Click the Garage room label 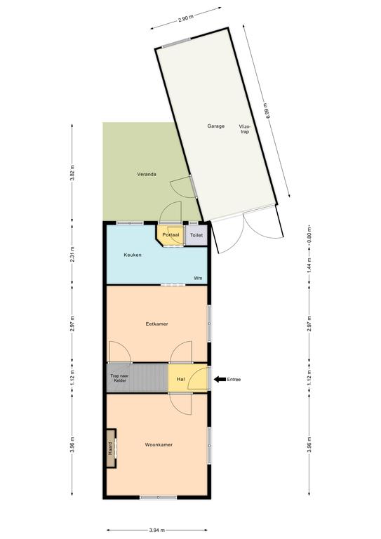click(x=215, y=126)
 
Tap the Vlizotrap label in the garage click(x=245, y=129)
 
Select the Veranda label click(x=147, y=174)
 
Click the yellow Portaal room click(x=169, y=234)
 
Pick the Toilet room click(x=196, y=235)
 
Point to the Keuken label click(x=133, y=255)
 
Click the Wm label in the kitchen click(x=199, y=278)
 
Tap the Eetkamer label click(x=157, y=324)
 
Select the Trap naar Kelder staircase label click(x=118, y=378)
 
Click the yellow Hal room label click(x=181, y=379)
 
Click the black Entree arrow click(x=219, y=380)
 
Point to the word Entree click(x=234, y=380)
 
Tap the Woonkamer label click(x=159, y=445)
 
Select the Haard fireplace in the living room click(x=111, y=448)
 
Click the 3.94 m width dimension click(x=157, y=530)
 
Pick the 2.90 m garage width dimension click(x=185, y=18)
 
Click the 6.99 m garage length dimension click(x=267, y=111)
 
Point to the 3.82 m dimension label click(x=72, y=173)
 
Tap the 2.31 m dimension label click(x=72, y=254)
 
